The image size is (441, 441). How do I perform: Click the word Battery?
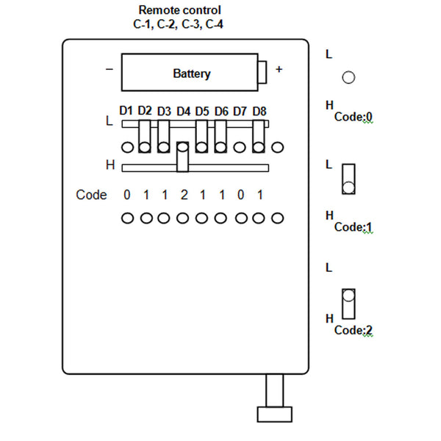192,73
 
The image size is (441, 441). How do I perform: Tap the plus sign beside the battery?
279,69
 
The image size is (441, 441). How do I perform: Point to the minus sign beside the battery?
109,69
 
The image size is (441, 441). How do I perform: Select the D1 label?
126,111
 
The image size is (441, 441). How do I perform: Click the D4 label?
183,112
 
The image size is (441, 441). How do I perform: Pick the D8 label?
259,112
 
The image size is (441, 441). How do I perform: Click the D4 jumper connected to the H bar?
182,157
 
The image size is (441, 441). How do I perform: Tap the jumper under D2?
145,137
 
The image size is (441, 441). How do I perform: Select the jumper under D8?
259,137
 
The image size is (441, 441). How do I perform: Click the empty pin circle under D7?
240,148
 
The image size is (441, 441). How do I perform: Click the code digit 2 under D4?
184,195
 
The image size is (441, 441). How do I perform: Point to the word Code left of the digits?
91,195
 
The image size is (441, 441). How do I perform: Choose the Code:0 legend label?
354,117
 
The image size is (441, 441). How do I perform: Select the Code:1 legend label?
354,227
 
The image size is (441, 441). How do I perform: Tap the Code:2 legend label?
354,330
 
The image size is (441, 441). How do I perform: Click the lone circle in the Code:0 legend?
348,77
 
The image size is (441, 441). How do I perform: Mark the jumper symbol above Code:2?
348,304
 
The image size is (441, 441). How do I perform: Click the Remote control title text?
180,10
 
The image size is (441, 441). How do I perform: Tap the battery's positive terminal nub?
262,72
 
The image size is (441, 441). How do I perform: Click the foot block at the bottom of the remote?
275,415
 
